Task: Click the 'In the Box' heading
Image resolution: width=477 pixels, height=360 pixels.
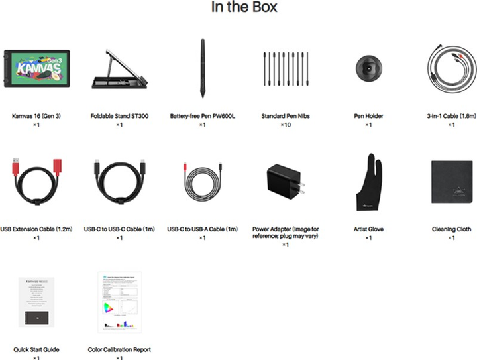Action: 244,8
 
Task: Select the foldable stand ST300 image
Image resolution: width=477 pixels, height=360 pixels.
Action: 119,68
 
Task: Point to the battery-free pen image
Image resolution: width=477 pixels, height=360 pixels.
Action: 202,68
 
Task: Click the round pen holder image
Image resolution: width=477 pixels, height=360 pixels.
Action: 368,67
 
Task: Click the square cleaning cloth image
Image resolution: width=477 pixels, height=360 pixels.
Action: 451,180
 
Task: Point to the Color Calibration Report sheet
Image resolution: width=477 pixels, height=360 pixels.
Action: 119,302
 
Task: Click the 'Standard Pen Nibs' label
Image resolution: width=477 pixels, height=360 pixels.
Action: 286,116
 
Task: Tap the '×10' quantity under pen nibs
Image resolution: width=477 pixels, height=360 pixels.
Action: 286,125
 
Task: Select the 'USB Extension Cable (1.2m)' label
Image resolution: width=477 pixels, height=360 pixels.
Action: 36,229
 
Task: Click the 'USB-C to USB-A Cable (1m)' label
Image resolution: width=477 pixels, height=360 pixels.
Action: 202,229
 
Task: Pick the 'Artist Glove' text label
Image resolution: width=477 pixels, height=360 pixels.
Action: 368,229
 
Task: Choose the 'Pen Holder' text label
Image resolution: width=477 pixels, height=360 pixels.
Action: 368,116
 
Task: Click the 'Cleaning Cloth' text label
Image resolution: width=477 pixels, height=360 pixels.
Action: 451,229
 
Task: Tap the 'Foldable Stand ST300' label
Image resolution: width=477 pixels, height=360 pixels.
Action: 119,116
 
